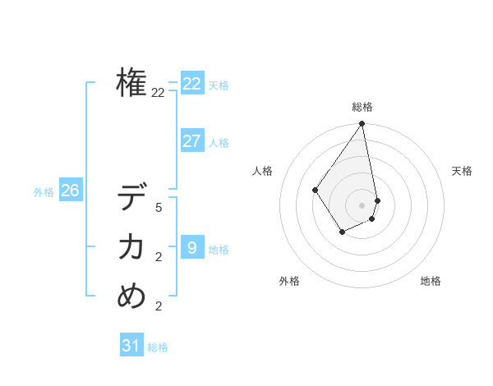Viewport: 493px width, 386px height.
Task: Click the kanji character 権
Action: coord(131,83)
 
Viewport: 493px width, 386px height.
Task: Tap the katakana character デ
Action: coord(131,198)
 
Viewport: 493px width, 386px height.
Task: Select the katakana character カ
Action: coord(131,246)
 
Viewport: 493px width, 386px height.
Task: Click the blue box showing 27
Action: coord(192,140)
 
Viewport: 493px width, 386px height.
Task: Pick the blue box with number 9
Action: coord(192,246)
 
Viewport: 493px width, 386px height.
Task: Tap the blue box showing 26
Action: coord(70,191)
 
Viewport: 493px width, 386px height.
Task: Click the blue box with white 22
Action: coord(192,83)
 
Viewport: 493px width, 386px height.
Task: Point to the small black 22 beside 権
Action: coord(158,93)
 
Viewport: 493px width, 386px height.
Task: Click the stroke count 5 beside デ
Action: coord(158,208)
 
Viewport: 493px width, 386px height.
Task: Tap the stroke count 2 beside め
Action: coord(158,306)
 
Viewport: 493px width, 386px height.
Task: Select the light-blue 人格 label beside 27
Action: coord(219,143)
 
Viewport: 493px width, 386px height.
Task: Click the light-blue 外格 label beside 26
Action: coord(44,192)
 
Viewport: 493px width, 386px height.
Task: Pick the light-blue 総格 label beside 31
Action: coord(158,348)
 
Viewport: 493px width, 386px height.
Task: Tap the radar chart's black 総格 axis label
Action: coord(362,107)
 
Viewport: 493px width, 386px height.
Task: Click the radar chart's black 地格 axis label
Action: coord(431,281)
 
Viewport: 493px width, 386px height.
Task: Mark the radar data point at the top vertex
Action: coord(362,125)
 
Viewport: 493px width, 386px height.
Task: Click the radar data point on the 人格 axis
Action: coord(316,190)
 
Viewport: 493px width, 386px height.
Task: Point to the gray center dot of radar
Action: coord(362,204)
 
